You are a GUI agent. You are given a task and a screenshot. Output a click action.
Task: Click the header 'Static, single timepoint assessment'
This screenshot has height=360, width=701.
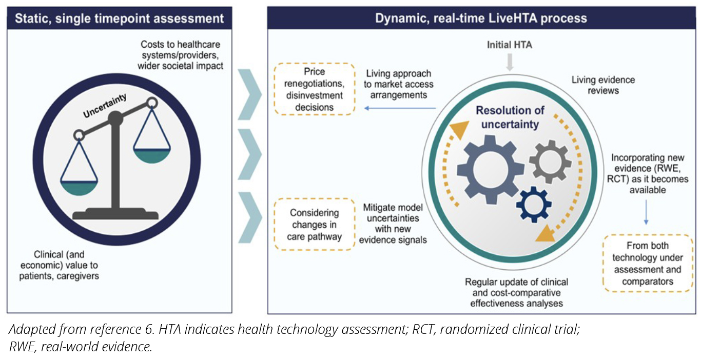[119, 19]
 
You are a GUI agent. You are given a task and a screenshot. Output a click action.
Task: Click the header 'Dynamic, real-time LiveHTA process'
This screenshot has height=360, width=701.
[481, 19]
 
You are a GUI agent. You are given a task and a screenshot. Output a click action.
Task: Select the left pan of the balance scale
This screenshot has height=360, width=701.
[79, 187]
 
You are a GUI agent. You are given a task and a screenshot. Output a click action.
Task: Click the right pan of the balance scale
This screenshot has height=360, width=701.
[151, 155]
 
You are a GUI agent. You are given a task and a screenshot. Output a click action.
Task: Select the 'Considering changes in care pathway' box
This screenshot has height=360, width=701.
[315, 224]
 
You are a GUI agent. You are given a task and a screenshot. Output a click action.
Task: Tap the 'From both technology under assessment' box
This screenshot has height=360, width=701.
[648, 263]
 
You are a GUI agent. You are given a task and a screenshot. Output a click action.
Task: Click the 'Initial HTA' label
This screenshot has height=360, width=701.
[509, 45]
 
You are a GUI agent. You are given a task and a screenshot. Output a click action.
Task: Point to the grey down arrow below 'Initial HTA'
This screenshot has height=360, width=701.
[509, 63]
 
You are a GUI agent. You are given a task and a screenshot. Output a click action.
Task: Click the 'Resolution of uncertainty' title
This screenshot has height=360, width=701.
[510, 117]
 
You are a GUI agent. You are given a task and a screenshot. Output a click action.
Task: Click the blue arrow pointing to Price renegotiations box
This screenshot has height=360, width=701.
[400, 108]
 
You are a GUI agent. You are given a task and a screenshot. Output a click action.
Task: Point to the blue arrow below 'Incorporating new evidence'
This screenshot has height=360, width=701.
[646, 212]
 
